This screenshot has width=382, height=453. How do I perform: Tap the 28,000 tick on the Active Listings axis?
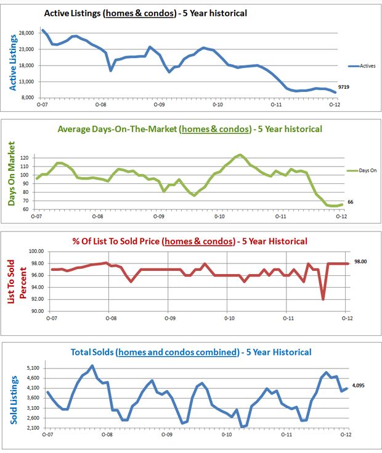pos(26,33)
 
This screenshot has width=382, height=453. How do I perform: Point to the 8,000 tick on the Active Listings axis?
pos(28,98)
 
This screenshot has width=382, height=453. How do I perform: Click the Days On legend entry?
pos(360,170)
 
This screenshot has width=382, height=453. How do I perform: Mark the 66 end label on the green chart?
pos(351,202)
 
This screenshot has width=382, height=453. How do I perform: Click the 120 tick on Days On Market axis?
pos(25,158)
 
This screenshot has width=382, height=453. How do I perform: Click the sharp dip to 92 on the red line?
pos(323,299)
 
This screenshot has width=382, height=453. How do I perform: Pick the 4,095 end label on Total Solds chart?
pos(360,386)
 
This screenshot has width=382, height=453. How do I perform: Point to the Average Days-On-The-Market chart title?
pos(190,130)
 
